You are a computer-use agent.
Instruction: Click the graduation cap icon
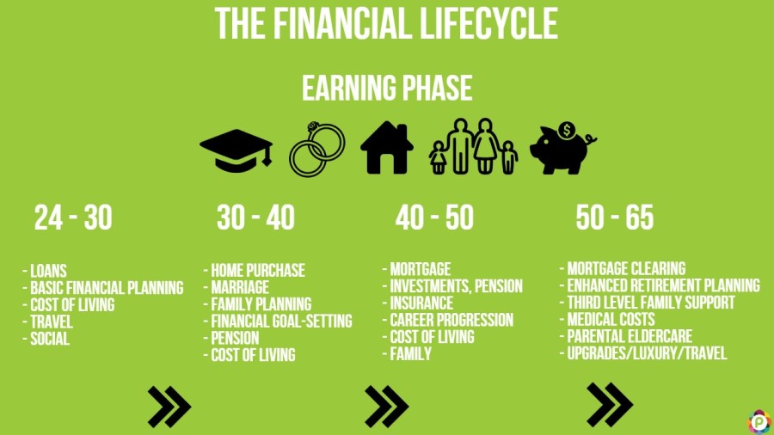point(236,148)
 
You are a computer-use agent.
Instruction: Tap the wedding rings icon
point(316,147)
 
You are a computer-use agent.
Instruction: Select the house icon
point(387,148)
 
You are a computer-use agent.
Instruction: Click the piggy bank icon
point(560,151)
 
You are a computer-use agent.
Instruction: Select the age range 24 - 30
point(73,218)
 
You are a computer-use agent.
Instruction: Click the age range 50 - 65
point(615,218)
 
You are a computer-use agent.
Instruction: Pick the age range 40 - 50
point(434,218)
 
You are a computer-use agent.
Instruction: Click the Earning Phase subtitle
point(386,89)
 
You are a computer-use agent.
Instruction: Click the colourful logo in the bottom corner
point(759,421)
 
